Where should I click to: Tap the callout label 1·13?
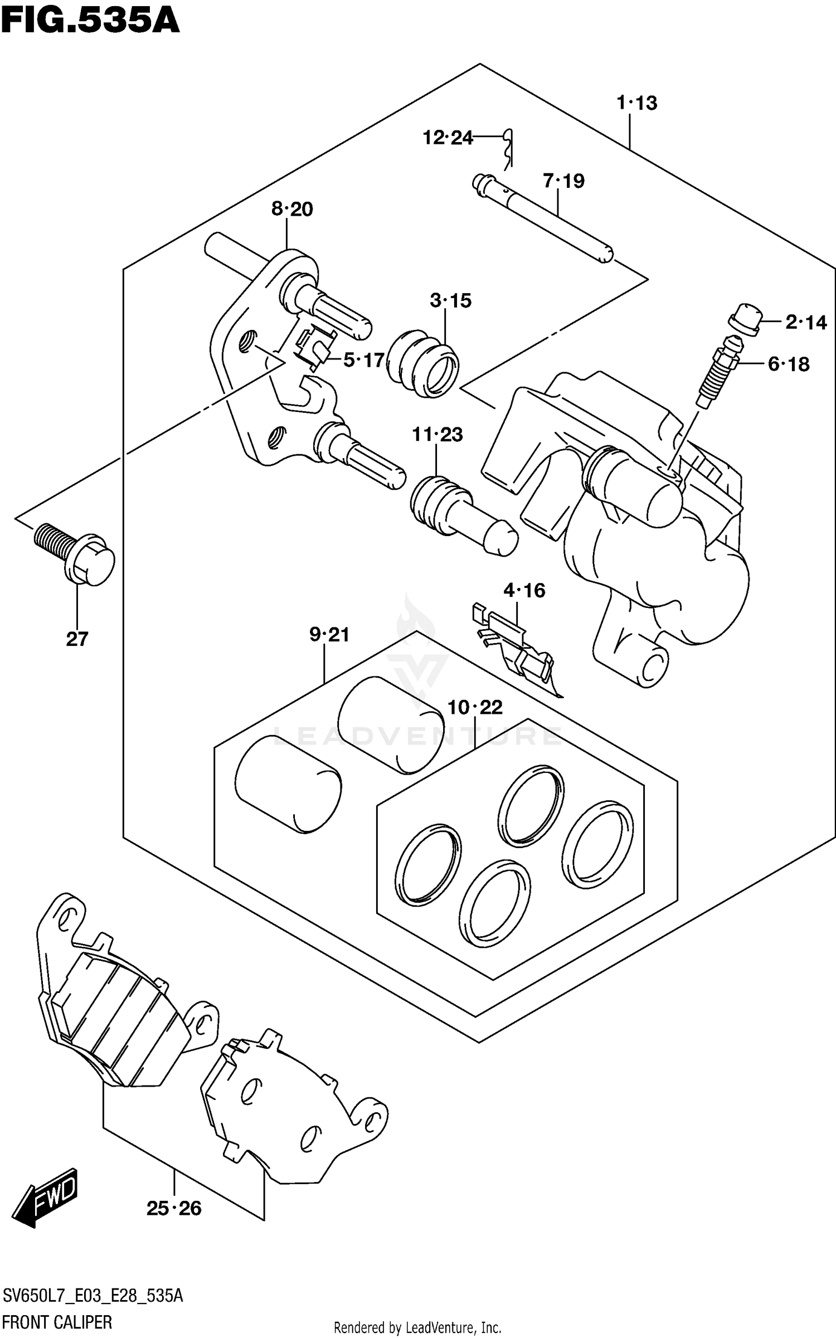click(x=636, y=103)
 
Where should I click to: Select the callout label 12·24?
click(x=448, y=137)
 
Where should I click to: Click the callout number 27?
click(x=77, y=639)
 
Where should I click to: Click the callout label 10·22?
click(x=475, y=708)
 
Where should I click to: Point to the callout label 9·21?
click(x=329, y=634)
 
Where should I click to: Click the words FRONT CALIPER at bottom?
click(x=57, y=1321)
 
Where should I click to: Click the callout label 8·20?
click(x=292, y=210)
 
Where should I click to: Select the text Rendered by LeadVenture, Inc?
click(x=417, y=1327)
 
